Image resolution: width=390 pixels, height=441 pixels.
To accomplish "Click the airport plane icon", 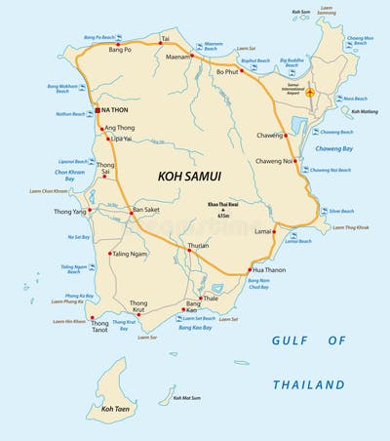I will click(311, 93).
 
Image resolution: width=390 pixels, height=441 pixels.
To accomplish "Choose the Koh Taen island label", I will click(115, 410).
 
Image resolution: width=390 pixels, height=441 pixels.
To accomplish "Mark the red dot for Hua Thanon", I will click(251, 269).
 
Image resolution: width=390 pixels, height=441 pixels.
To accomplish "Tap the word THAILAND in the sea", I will click(308, 383).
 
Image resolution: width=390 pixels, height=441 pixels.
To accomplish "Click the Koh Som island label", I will click(301, 12).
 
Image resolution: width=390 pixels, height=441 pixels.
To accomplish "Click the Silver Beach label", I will click(341, 211).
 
